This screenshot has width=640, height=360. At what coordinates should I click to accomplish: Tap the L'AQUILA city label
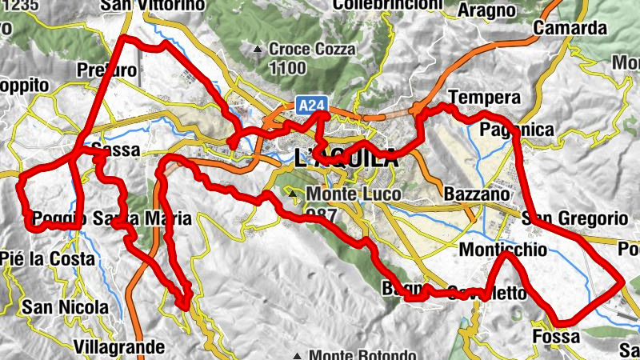[x=346, y=158]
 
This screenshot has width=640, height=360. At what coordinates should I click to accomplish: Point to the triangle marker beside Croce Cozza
[x=258, y=50]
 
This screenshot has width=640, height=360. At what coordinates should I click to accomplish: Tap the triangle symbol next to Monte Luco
[x=294, y=194]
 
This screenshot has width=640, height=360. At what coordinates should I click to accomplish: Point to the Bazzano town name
[x=475, y=194]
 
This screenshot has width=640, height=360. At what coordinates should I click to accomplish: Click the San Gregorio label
[x=574, y=218]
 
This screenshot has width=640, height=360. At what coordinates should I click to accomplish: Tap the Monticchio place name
[x=503, y=250]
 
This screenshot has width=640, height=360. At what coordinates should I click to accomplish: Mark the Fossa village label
[x=555, y=337]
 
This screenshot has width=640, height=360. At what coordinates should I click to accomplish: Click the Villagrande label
[x=118, y=346]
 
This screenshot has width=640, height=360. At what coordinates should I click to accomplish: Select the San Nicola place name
[x=65, y=307]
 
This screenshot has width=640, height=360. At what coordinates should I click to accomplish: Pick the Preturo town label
[x=107, y=70]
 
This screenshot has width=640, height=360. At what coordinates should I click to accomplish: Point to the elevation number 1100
[x=288, y=69]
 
